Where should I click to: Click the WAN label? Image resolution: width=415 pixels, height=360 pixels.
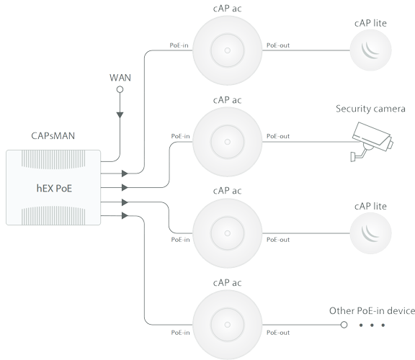pos(120,78)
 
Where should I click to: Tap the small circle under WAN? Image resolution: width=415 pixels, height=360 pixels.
pos(120,90)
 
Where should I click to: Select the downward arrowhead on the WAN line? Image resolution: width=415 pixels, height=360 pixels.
pos(120,115)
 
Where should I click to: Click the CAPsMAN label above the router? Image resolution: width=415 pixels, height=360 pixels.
pos(53,135)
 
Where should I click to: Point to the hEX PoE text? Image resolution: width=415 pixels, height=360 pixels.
pos(54,189)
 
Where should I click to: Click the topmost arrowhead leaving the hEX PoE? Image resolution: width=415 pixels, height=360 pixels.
pos(125,174)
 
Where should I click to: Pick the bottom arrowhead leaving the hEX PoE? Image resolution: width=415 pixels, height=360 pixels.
pos(125,215)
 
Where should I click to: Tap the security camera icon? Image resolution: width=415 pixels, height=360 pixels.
pos(372,142)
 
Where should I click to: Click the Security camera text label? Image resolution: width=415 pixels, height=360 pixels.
pos(370,109)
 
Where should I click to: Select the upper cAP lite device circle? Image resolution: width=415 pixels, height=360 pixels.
pos(370,50)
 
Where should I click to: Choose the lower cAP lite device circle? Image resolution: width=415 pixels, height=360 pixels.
pos(370,233)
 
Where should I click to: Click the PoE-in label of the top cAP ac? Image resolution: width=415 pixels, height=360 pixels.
pos(179,45)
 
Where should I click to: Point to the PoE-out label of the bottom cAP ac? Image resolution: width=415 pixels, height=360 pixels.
pos(278,333)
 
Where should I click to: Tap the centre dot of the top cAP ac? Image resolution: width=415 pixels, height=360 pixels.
pos(228,50)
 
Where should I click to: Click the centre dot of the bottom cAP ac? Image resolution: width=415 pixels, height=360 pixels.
pos(228,325)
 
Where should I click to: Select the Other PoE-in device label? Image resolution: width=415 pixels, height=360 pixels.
pos(372,311)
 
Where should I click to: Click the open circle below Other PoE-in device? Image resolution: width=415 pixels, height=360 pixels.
pos(344,325)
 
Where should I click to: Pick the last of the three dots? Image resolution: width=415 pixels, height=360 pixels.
pos(383,325)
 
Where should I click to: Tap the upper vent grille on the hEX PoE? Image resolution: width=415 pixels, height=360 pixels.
pos(53,160)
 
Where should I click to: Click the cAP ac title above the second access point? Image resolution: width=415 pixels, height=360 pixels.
pos(228,100)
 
